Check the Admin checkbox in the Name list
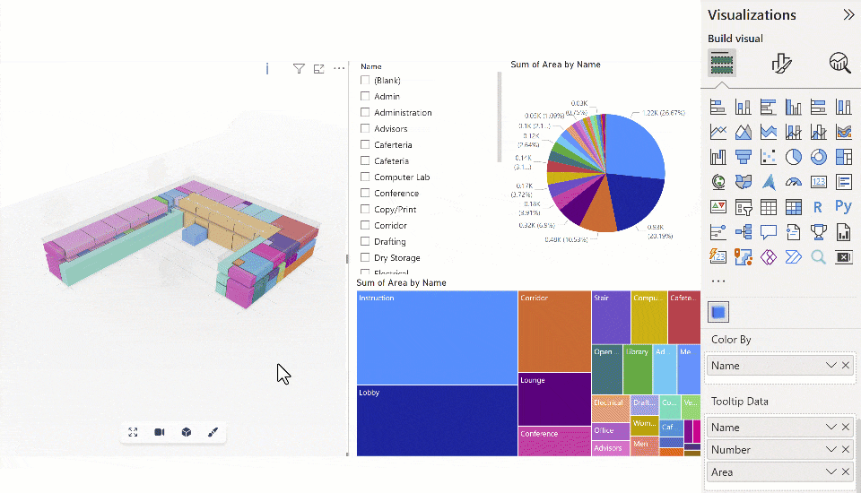[365, 96]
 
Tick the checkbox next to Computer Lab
[365, 177]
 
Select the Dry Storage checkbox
[365, 257]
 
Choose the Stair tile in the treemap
[610, 316]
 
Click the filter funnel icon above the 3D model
[299, 69]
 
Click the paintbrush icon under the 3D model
[213, 432]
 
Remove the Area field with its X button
[845, 472]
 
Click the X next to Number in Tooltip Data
[845, 450]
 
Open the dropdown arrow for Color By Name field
[831, 366]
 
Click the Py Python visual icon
[842, 207]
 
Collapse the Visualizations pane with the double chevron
[848, 14]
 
